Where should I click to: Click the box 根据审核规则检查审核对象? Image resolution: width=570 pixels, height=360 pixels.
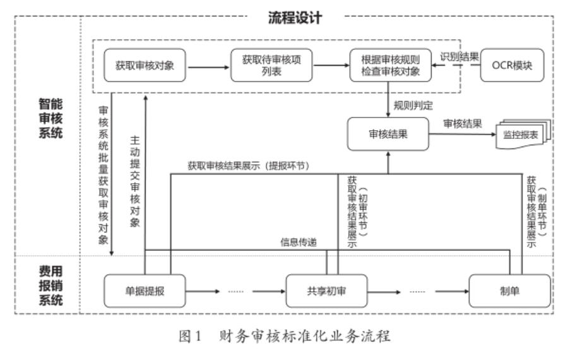(x=391, y=65)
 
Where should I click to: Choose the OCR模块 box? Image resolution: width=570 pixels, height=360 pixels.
(x=512, y=65)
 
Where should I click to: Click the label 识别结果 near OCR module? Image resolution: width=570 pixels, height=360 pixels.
(x=459, y=56)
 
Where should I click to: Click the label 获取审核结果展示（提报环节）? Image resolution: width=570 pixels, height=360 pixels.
(x=256, y=165)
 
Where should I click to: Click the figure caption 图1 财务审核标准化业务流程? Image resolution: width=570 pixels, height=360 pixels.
(x=285, y=335)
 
